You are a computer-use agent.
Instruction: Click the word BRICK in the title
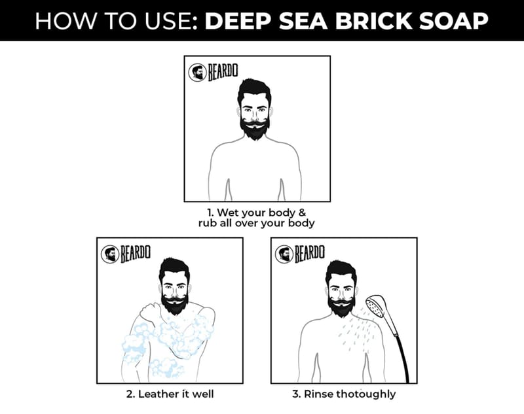coord(373,21)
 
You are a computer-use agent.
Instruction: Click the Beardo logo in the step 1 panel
coord(213,72)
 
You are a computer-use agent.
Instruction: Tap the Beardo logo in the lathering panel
coord(125,254)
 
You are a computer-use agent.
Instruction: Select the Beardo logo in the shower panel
coord(299,254)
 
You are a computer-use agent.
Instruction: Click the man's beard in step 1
coord(255,128)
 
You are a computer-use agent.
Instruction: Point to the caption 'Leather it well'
coord(170,394)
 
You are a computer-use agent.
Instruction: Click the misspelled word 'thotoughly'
coord(365,394)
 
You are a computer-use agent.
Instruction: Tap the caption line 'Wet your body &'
coord(256,213)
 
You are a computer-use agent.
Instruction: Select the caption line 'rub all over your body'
coord(256,223)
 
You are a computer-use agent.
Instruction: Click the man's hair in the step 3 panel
coord(341,273)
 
